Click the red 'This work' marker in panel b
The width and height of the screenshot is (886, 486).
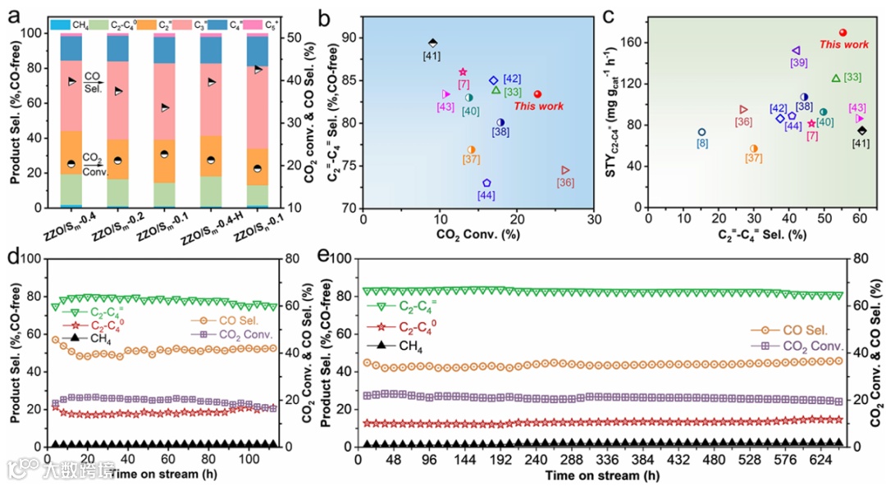pos(537,94)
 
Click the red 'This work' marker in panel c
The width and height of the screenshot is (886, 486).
pos(843,32)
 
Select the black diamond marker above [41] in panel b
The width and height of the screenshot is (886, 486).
pos(433,43)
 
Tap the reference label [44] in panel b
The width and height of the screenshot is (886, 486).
pos(486,196)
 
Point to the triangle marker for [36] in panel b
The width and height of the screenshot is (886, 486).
pos(565,170)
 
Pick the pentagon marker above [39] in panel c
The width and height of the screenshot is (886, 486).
pos(796,51)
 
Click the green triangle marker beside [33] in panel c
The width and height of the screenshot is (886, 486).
pos(836,78)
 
